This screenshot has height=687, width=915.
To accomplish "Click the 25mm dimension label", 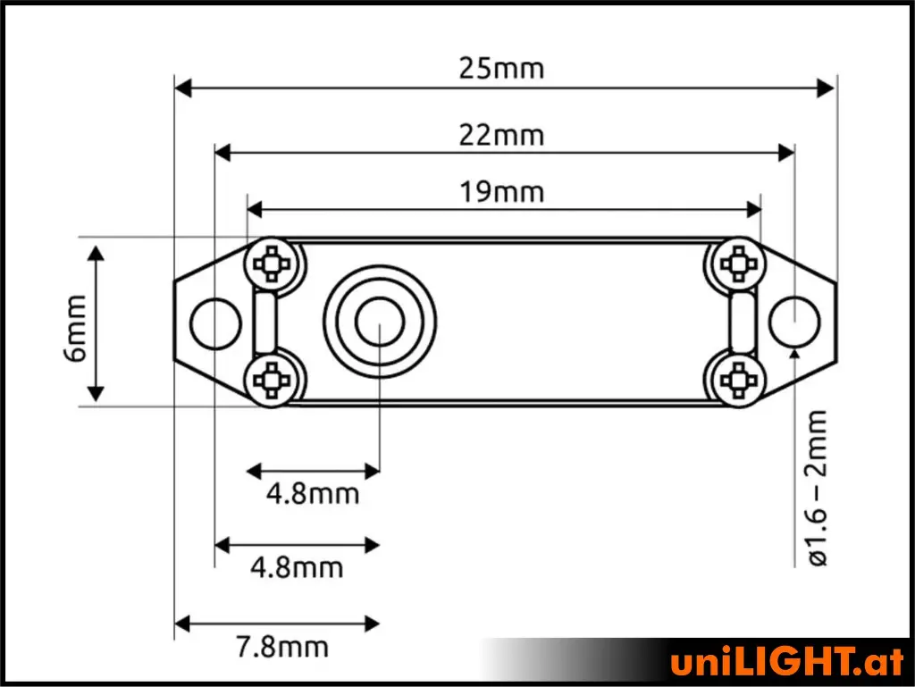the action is (x=501, y=69).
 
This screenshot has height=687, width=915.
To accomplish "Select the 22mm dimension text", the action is (x=501, y=135).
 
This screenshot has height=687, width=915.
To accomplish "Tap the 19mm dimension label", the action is (x=502, y=192).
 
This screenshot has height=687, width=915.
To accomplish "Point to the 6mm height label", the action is (x=76, y=329).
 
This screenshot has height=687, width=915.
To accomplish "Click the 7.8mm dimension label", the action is (x=282, y=648).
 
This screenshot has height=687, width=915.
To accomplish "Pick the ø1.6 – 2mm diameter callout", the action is (x=818, y=488).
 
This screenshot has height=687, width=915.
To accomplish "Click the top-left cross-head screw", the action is (x=271, y=264).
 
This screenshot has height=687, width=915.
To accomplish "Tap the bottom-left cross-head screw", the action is (x=271, y=381).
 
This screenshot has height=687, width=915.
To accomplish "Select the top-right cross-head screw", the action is (x=738, y=264).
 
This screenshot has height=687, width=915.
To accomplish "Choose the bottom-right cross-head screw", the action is (x=738, y=381).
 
